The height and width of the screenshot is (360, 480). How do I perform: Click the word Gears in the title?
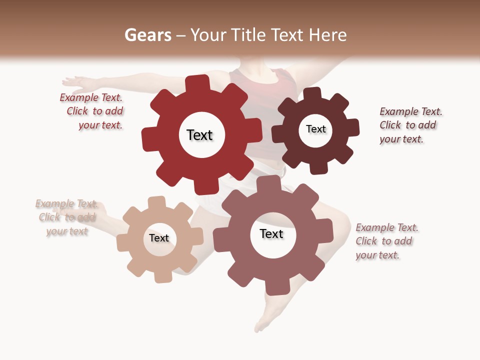(147, 35)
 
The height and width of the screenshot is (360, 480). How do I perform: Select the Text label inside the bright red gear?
(199, 135)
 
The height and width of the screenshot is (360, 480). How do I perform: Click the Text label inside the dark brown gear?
(315, 129)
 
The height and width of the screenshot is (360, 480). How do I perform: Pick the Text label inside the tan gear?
(159, 238)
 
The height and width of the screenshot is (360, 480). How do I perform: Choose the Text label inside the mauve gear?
(271, 234)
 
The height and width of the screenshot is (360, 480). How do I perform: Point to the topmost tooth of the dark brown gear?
(312, 93)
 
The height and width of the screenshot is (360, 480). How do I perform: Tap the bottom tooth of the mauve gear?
(276, 287)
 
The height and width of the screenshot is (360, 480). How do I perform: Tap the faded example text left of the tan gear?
(66, 217)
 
